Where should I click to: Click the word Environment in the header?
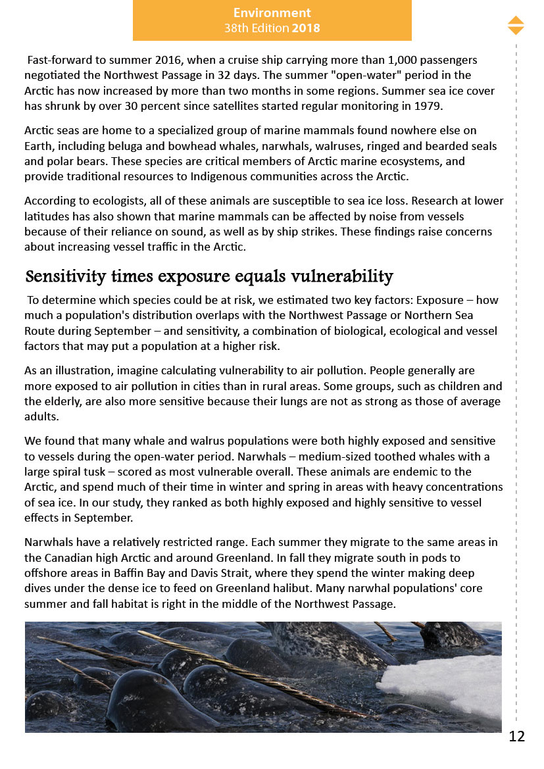(x=272, y=12)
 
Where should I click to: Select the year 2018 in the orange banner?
(x=306, y=28)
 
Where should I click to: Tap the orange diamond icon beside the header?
(x=516, y=25)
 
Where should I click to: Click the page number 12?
(x=517, y=736)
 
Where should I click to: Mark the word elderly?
(x=67, y=401)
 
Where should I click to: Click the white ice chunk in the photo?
(x=447, y=681)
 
